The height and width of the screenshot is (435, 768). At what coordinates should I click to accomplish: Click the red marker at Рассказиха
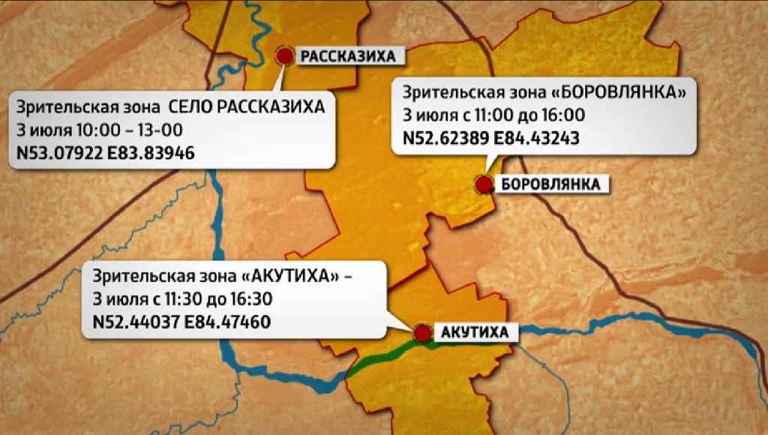tap(285, 55)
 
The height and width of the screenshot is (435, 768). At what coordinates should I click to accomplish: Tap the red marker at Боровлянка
tap(484, 184)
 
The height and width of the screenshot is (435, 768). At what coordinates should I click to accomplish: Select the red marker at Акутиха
tap(423, 332)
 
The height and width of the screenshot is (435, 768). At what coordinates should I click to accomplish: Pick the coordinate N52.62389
tap(444, 139)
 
